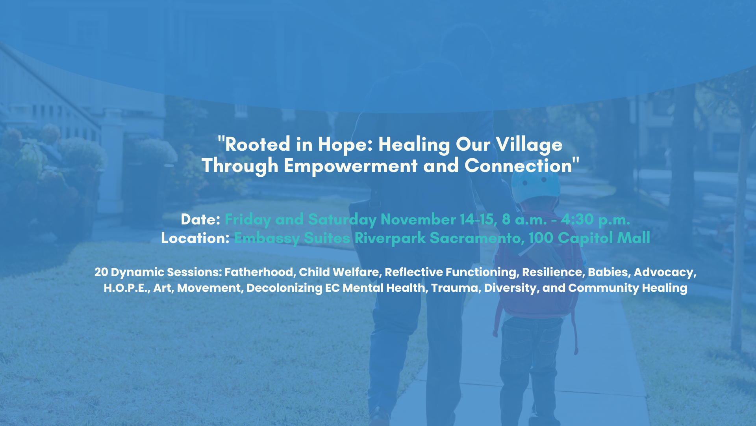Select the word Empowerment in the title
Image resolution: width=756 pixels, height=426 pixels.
(x=350, y=166)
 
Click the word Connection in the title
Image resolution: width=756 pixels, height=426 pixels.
(x=518, y=165)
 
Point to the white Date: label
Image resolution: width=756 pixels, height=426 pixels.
(x=200, y=219)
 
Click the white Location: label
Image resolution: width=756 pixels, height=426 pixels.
(x=195, y=238)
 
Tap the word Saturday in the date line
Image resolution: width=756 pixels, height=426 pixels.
(x=342, y=220)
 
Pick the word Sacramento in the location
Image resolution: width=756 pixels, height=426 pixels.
(x=477, y=238)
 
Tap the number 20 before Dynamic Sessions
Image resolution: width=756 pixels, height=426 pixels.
(x=101, y=272)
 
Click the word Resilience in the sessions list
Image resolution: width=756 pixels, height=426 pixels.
(x=553, y=272)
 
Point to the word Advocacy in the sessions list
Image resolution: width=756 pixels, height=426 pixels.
(x=665, y=273)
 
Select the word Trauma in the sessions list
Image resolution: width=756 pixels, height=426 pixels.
(x=456, y=288)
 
